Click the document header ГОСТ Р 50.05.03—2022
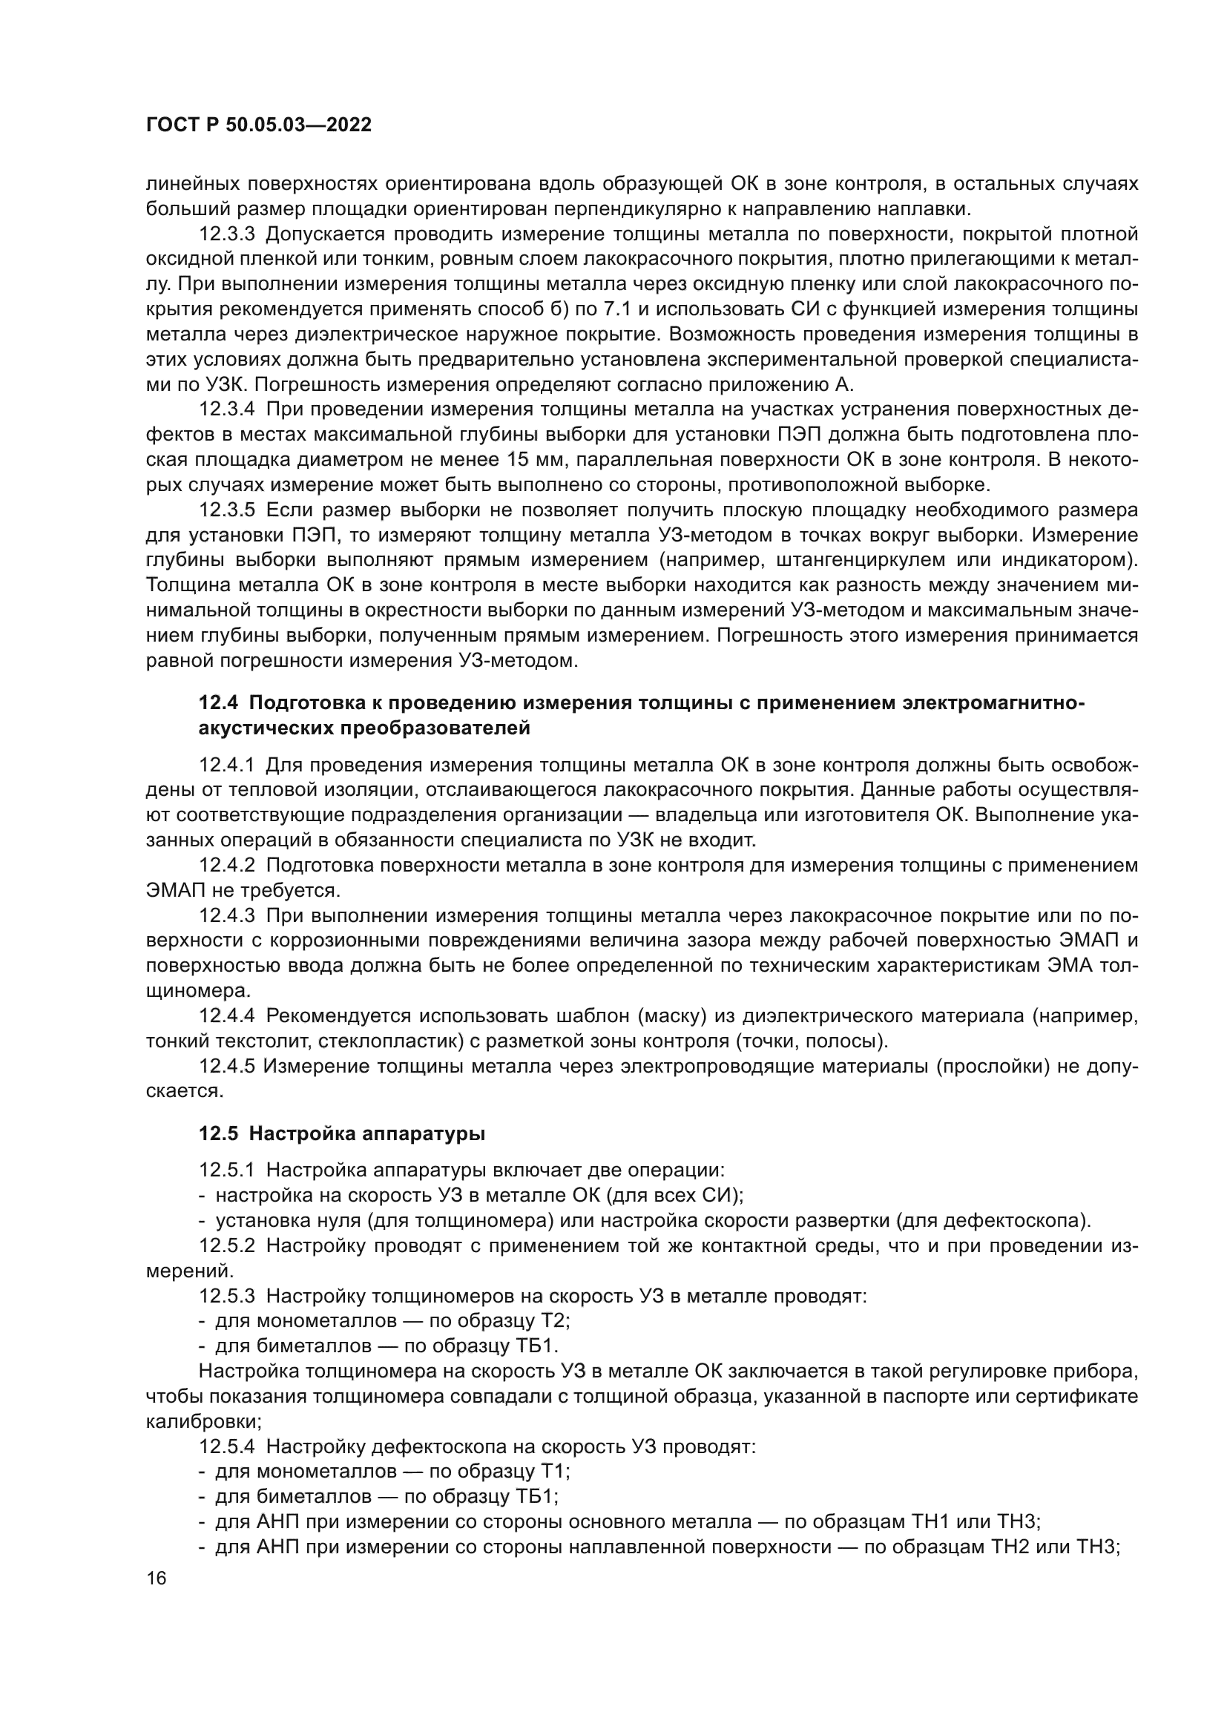(258, 125)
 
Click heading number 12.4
(218, 702)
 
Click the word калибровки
(203, 1421)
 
